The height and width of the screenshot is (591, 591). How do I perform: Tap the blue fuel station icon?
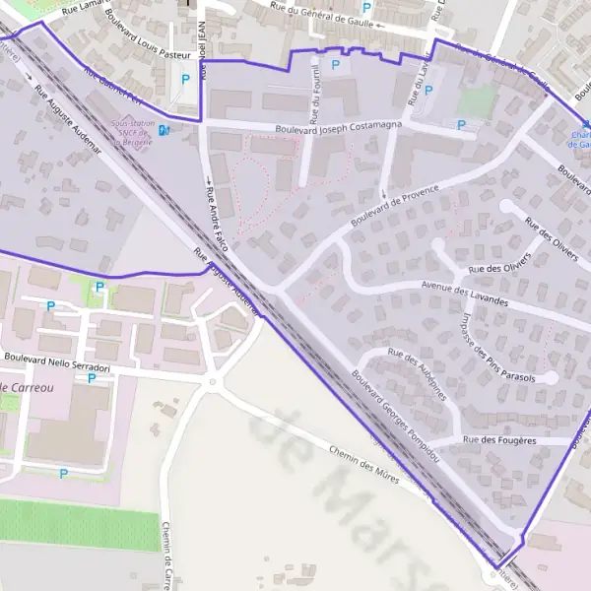(x=164, y=129)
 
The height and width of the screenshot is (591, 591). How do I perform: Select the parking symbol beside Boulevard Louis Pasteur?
(x=185, y=80)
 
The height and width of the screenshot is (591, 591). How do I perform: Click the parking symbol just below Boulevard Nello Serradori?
(x=92, y=377)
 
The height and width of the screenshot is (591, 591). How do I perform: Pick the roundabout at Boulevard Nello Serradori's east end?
(x=211, y=383)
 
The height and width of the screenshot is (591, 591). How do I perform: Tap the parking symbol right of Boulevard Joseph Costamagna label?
(x=461, y=125)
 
